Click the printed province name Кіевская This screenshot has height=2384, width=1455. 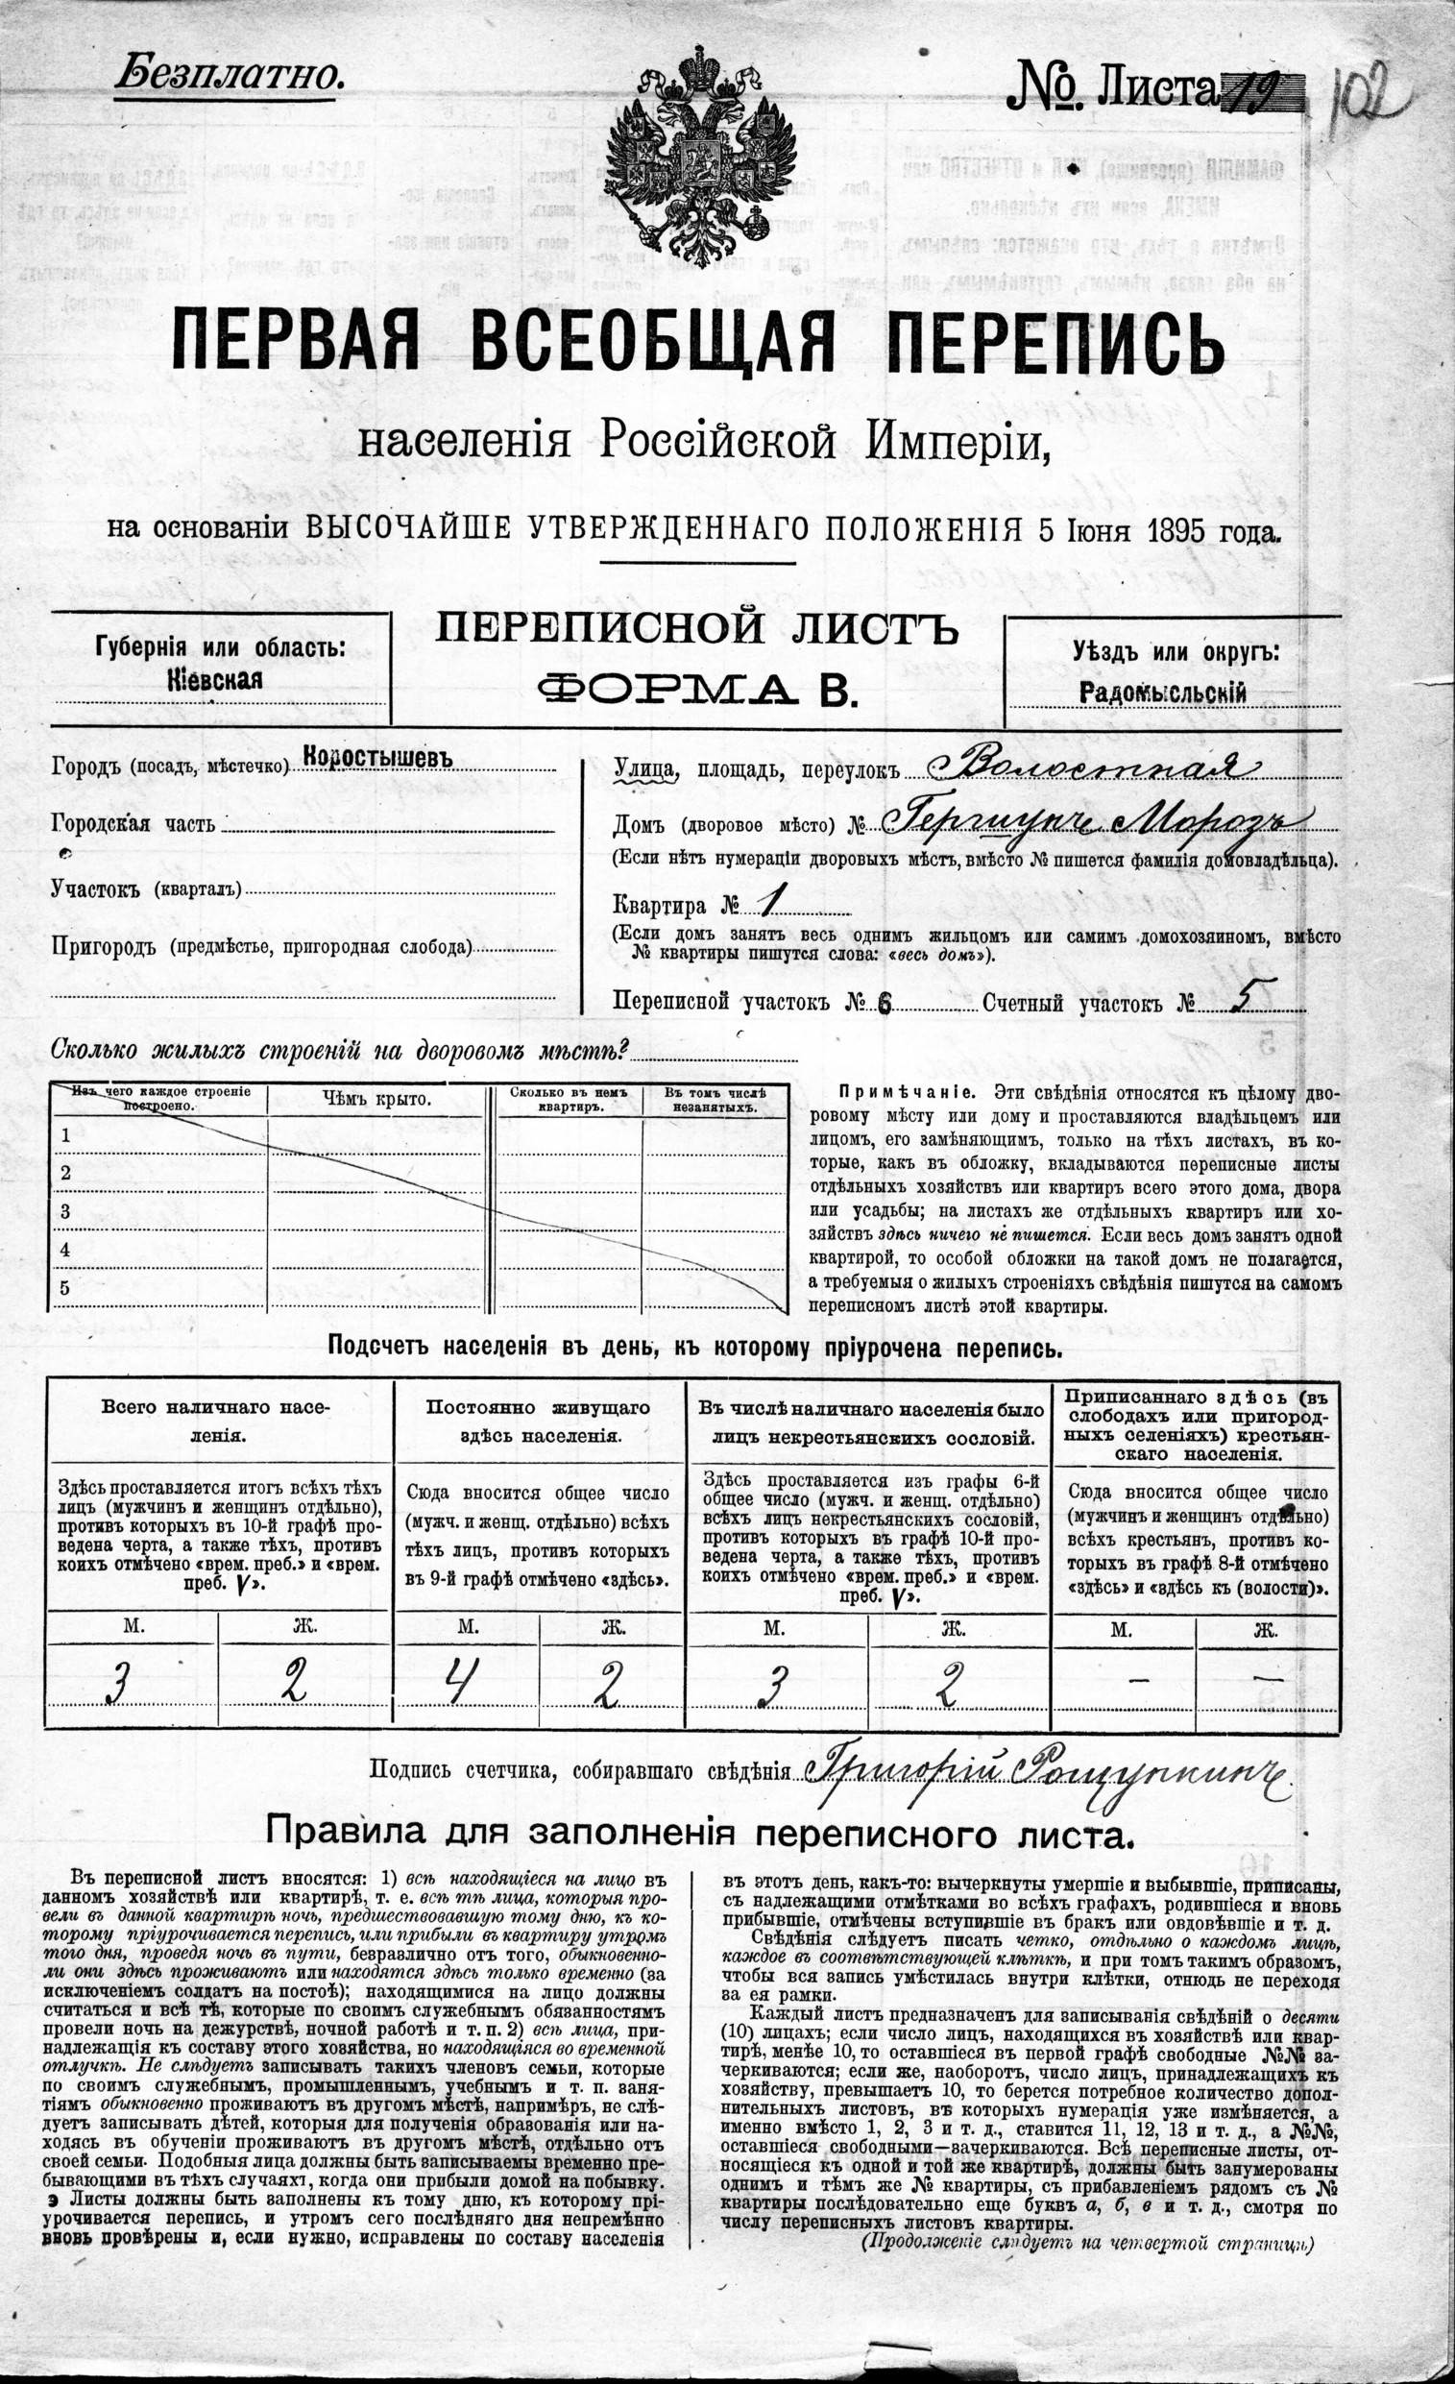point(222,679)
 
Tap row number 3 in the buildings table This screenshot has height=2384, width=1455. point(65,1211)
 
